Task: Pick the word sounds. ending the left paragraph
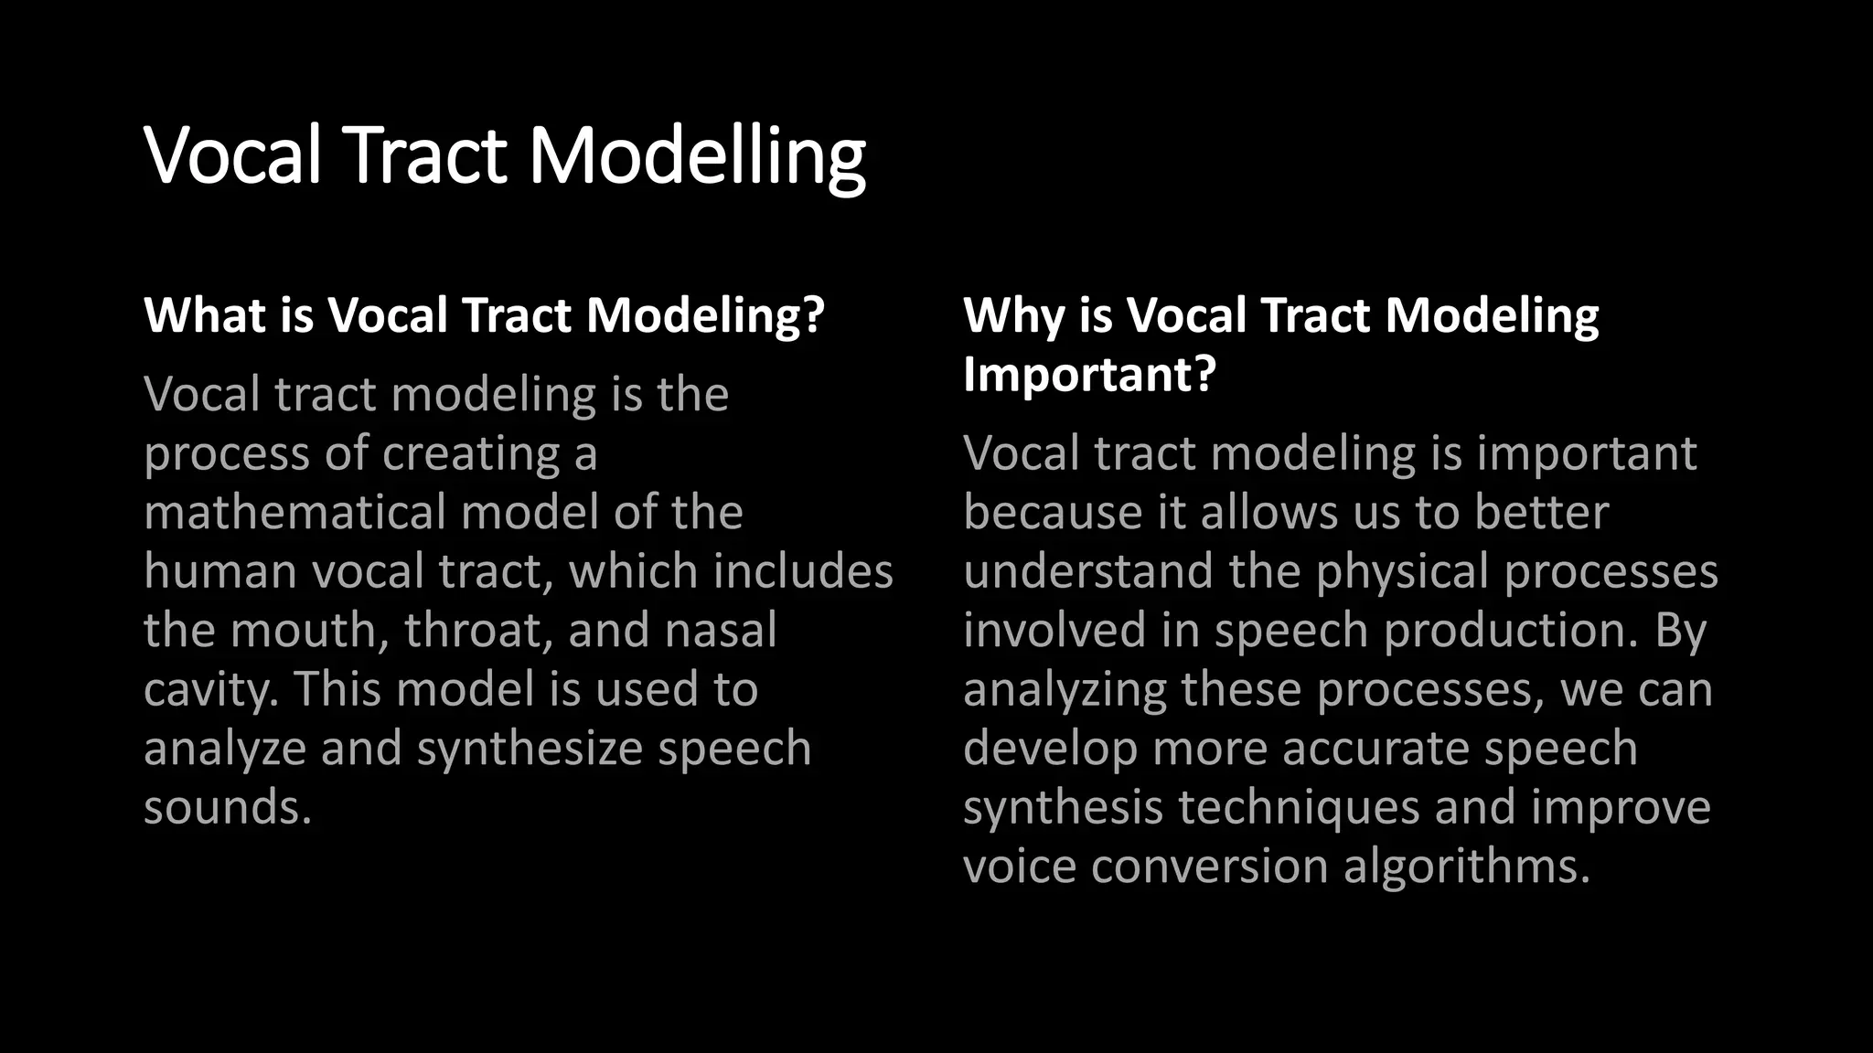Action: click(x=228, y=808)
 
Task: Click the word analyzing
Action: click(x=1064, y=690)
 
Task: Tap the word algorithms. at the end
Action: click(x=1467, y=867)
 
